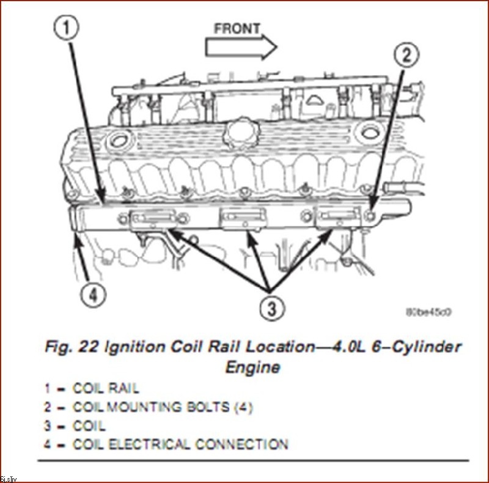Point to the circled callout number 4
point(90,296)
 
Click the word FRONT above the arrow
point(237,28)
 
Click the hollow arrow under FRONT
point(241,47)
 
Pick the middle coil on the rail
point(244,218)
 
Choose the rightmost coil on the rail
point(337,218)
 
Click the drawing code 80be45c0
point(429,312)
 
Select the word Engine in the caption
point(252,367)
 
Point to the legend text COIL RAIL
point(106,389)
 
